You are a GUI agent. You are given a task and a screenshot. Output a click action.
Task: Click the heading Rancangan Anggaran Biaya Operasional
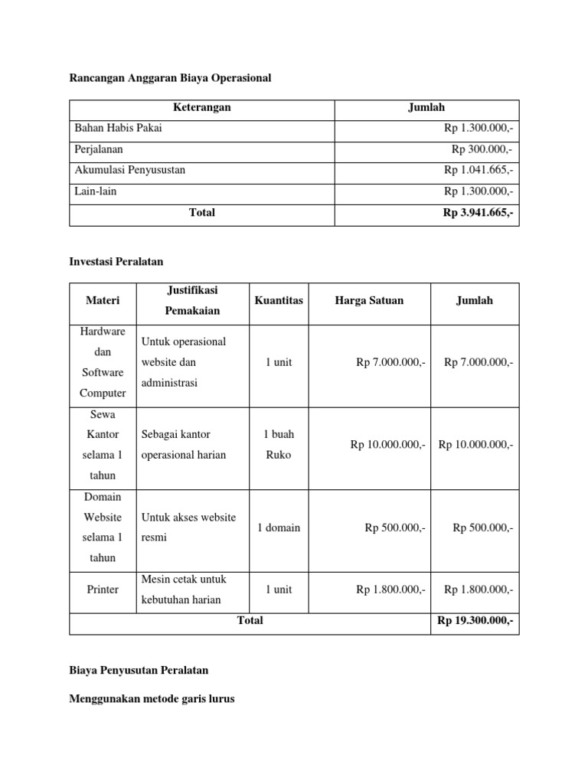coord(170,78)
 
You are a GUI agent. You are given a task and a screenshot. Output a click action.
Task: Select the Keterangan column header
coord(201,108)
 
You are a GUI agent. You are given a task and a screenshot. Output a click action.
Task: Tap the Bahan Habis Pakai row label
coord(118,129)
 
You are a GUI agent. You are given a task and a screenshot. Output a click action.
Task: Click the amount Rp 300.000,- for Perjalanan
coord(482,149)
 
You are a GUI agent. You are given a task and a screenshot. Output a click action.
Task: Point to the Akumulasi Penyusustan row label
coord(129,170)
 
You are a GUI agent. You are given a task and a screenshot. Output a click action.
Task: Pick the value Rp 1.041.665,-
coord(479,170)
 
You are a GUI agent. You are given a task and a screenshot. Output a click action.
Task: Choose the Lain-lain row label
coord(96,191)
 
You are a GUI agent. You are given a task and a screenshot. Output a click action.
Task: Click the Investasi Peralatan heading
coord(116,262)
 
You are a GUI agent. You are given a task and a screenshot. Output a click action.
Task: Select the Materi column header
coord(102,301)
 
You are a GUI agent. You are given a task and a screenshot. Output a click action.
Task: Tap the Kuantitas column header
coord(278,301)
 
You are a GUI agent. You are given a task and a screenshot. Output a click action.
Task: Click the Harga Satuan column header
coord(369,301)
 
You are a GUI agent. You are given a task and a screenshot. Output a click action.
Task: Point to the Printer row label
coord(102,590)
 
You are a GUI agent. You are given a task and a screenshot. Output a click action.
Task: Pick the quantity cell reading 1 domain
coord(279,528)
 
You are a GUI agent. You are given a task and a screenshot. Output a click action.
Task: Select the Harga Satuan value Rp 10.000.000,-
coord(387,444)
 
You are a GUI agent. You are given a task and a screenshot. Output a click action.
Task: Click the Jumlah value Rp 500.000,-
coord(482,528)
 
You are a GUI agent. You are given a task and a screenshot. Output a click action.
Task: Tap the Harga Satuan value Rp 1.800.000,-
coord(390,590)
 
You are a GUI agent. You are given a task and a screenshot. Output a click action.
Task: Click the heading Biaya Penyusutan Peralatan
coord(139,670)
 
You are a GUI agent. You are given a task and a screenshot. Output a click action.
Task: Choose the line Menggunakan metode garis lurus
coord(152,699)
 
